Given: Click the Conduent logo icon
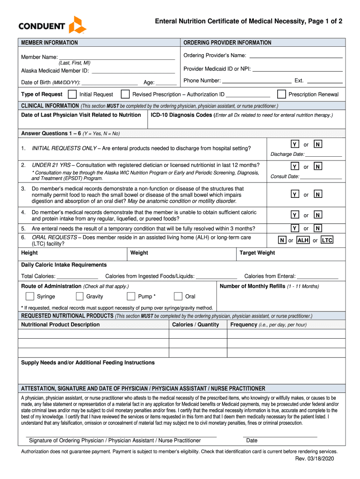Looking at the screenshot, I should tap(77, 24).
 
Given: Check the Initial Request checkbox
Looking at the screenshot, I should tap(72, 94).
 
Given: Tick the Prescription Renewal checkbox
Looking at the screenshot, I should tap(281, 94).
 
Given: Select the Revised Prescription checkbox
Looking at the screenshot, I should tap(125, 94).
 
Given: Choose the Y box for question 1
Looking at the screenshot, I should tap(295, 145).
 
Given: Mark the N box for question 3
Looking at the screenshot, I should tap(317, 194).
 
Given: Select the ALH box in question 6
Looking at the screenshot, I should tap(303, 240).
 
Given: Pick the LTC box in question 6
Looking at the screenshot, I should tap(327, 240).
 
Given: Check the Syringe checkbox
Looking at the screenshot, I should tap(30, 296).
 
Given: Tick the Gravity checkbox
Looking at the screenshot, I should tap(79, 296).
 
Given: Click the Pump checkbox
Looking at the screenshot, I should tap(131, 296).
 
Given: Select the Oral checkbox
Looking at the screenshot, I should tap(178, 296).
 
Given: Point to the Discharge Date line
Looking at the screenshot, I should tap(324, 155).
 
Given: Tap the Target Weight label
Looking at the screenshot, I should tap(257, 253).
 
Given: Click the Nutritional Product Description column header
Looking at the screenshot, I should tap(60, 325).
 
